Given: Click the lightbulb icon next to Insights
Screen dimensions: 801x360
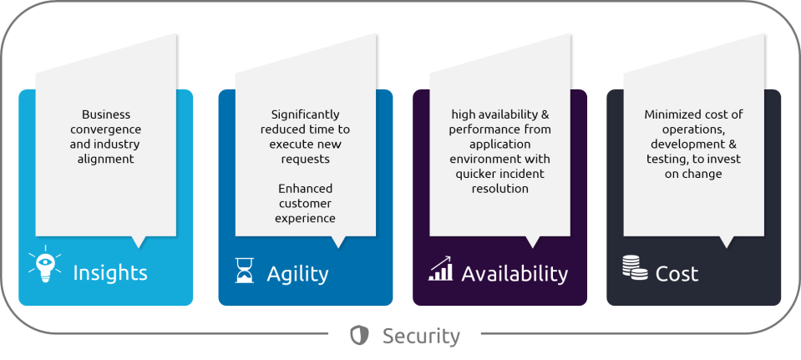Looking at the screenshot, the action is [45, 264].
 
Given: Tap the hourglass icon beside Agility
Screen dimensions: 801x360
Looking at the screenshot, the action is [244, 270].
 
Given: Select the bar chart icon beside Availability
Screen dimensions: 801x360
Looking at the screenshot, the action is [440, 269].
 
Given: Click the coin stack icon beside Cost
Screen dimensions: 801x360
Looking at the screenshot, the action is [635, 267].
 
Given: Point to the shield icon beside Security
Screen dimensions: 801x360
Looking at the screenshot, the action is [360, 336].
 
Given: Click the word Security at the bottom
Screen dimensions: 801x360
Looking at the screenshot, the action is [422, 336].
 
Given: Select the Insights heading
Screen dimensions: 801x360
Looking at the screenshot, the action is [110, 273].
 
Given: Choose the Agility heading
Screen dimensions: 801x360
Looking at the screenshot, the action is [297, 274].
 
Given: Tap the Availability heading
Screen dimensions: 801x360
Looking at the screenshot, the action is [515, 274].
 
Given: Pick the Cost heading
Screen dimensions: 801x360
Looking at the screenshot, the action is [677, 274].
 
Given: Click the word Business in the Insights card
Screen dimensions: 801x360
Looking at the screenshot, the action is [106, 114].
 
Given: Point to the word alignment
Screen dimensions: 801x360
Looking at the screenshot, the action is [106, 160].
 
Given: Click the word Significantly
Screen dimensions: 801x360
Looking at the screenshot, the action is [306, 115].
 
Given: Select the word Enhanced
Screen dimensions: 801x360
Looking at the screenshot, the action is [306, 189].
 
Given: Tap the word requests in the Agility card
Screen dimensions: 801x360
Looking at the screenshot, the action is [306, 160].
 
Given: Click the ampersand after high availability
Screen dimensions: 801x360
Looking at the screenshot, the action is [545, 114].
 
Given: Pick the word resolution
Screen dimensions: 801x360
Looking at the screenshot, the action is [500, 189].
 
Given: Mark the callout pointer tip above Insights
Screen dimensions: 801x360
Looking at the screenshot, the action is [139, 248].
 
